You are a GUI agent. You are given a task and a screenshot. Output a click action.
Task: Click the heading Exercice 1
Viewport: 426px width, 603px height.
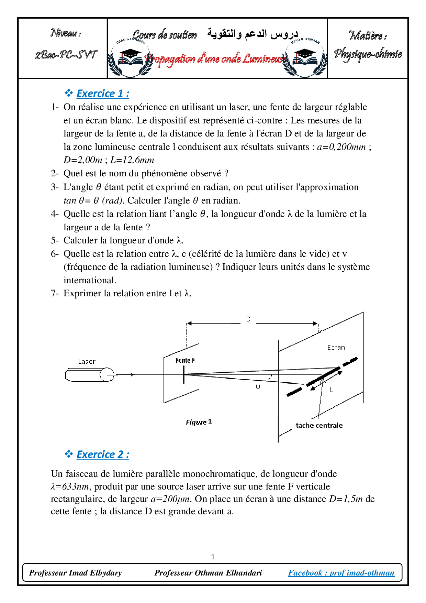click(x=103, y=94)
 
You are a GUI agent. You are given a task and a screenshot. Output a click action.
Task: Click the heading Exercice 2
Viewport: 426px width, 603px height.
click(x=103, y=454)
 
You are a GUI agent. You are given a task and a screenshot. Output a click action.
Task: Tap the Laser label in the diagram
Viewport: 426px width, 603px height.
click(x=87, y=361)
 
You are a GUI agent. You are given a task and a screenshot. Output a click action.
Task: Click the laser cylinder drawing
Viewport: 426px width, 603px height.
click(x=89, y=375)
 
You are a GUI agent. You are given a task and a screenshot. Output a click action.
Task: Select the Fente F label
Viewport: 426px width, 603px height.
click(x=185, y=360)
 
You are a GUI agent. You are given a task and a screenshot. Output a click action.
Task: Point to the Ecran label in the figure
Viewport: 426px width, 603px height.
click(x=336, y=348)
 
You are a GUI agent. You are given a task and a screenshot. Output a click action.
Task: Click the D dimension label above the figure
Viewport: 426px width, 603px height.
click(x=248, y=319)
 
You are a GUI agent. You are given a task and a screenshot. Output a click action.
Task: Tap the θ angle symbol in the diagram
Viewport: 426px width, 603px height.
click(x=258, y=386)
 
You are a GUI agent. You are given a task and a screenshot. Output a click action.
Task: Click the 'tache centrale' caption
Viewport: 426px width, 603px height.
click(x=319, y=426)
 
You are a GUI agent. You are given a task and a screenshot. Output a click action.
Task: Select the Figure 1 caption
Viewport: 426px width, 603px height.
click(x=199, y=422)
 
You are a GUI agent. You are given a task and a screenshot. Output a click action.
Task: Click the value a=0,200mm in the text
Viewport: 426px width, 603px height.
click(x=341, y=147)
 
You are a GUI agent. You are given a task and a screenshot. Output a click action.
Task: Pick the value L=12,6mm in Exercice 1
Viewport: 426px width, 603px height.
click(x=132, y=160)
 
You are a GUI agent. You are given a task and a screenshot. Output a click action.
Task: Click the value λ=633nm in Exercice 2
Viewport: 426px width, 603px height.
click(x=70, y=487)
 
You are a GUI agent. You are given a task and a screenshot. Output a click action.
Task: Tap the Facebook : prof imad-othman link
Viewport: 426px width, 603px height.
click(x=341, y=573)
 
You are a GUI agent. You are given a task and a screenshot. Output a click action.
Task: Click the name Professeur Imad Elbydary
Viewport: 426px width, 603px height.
click(x=76, y=573)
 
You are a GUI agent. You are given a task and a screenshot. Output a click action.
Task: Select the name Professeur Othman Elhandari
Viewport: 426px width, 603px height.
click(x=208, y=573)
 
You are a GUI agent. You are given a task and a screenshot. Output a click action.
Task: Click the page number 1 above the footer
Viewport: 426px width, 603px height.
click(x=213, y=557)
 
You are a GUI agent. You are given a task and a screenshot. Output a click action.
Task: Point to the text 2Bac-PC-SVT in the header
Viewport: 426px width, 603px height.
click(x=66, y=55)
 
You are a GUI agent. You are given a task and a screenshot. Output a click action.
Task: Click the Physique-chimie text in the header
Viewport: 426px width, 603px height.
click(x=368, y=54)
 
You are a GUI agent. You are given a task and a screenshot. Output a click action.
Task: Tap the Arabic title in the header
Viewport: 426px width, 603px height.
click(x=253, y=34)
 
